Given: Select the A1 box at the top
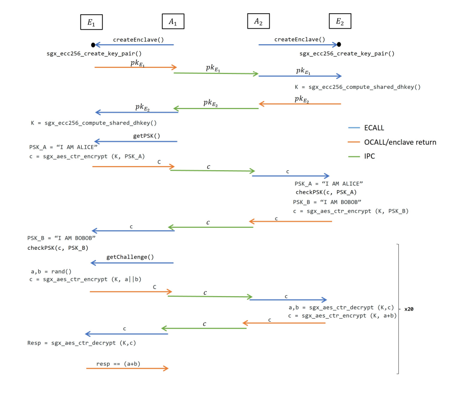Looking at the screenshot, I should pos(173,21).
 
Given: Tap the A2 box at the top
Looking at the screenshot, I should pos(258,21).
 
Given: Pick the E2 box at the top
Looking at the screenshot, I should pos(340,21).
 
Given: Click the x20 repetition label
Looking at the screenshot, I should pos(409,309).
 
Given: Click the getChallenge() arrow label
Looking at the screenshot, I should pos(130,257).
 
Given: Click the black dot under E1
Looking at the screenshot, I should pos(93,45).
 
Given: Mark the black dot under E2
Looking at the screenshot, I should pos(339,45).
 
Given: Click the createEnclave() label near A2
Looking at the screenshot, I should pos(299,39).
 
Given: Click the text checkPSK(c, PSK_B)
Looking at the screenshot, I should pos(58,248).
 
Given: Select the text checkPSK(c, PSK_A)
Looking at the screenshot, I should pos(326,192).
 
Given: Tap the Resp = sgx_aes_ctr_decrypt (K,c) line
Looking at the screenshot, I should pos(82,343).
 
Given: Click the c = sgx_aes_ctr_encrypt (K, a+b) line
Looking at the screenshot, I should pos(342,316).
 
